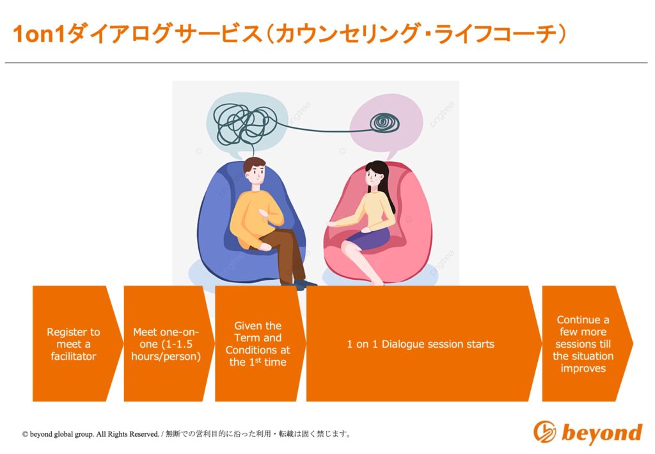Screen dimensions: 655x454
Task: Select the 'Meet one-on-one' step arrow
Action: [166, 344]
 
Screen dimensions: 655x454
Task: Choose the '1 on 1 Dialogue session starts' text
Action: [420, 344]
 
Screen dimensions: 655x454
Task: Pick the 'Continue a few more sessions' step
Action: [585, 344]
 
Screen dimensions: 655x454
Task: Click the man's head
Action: [255, 172]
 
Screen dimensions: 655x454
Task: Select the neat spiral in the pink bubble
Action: [384, 122]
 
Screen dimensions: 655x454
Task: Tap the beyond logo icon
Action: [545, 432]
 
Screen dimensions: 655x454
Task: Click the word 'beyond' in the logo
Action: [602, 432]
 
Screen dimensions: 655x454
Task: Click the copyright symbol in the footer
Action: [25, 434]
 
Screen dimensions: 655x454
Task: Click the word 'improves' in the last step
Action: [583, 368]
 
